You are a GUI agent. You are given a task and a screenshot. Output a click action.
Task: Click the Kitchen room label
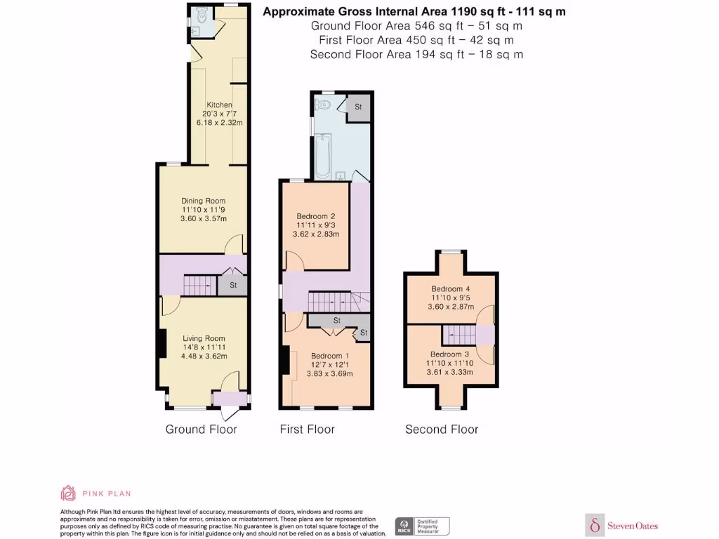pyautogui.click(x=218, y=105)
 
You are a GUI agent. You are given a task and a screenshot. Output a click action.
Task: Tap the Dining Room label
pyautogui.click(x=202, y=201)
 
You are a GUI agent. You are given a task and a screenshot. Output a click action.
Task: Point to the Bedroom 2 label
pyautogui.click(x=316, y=215)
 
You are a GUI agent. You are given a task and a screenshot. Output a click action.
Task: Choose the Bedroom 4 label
pyautogui.click(x=450, y=288)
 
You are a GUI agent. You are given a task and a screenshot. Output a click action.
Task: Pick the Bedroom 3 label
pyautogui.click(x=449, y=354)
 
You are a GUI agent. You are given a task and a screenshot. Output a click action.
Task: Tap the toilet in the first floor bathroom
pyautogui.click(x=323, y=105)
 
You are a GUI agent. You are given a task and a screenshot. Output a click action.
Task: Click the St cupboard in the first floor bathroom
pyautogui.click(x=357, y=107)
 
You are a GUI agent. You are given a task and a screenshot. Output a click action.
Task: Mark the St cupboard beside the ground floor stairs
pyautogui.click(x=232, y=286)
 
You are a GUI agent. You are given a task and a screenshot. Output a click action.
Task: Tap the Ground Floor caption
pyautogui.click(x=201, y=430)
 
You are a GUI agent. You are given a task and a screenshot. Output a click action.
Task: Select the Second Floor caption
pyautogui.click(x=442, y=430)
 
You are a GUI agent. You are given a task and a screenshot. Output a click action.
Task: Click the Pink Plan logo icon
pyautogui.click(x=68, y=493)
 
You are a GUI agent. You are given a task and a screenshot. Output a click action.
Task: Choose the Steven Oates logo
pyautogui.click(x=622, y=525)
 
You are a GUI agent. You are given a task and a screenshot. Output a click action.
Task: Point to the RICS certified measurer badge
pyautogui.click(x=422, y=526)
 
